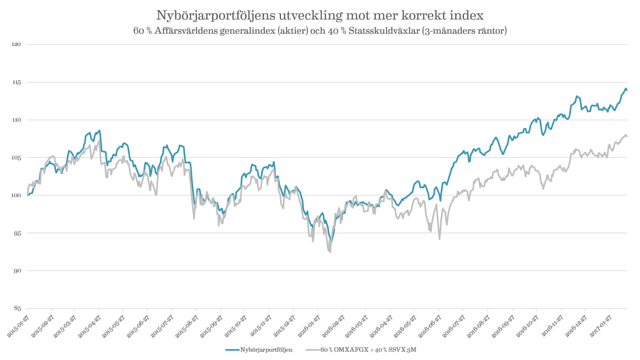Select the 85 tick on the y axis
pyautogui.click(x=17, y=308)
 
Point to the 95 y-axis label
pyautogui.click(x=17, y=233)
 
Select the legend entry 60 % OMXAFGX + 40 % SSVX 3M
pyautogui.click(x=368, y=350)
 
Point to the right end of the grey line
pyautogui.click(x=627, y=136)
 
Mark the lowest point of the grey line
pyautogui.click(x=330, y=252)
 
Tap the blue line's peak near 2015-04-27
pyautogui.click(x=100, y=130)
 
